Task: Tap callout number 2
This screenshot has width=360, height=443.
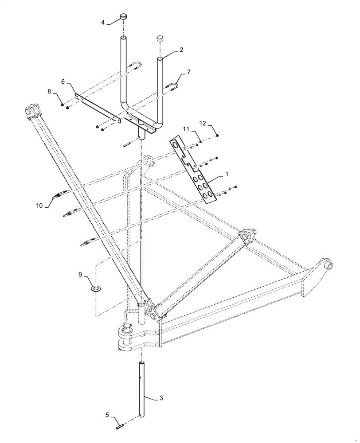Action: click(181, 51)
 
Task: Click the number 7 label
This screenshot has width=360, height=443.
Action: click(189, 72)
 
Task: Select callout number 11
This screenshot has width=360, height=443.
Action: click(187, 128)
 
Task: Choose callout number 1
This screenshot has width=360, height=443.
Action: click(227, 175)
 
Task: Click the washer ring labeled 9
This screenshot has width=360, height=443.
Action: click(96, 289)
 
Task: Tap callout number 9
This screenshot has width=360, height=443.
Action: click(80, 275)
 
